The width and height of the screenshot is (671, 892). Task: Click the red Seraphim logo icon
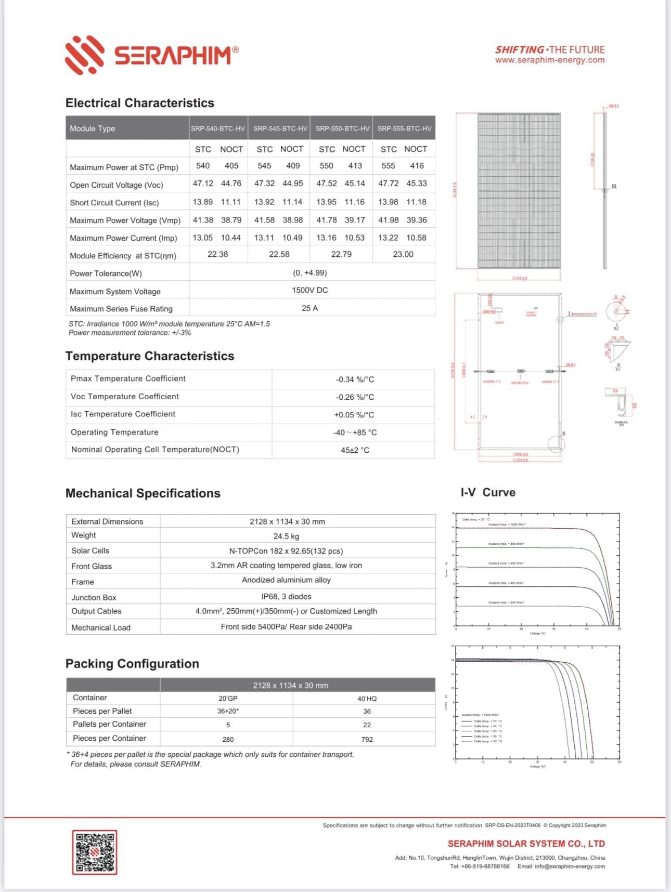[x=84, y=55]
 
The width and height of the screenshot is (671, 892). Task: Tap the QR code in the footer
[x=94, y=852]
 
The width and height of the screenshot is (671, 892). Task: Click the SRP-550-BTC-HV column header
[x=342, y=128]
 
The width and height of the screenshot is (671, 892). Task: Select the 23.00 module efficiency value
[x=403, y=254]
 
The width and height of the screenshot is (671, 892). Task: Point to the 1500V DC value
[x=309, y=290]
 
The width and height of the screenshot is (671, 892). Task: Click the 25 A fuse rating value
[x=309, y=308]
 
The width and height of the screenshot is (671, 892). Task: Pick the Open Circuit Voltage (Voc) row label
[x=117, y=185]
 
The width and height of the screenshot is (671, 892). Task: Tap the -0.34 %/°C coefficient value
[x=355, y=379]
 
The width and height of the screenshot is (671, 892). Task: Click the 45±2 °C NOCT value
[x=355, y=450]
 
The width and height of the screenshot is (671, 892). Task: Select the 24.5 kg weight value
[x=286, y=536]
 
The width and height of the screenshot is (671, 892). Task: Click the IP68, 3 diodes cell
[x=286, y=596]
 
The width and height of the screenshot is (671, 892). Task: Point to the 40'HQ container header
[x=367, y=699]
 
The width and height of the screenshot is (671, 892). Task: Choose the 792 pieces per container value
[x=367, y=739]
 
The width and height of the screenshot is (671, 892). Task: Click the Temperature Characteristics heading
[x=150, y=356]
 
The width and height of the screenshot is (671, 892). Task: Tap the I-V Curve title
[x=488, y=492]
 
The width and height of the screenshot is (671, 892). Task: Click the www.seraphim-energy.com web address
[x=550, y=60]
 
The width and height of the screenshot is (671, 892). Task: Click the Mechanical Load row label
[x=101, y=627]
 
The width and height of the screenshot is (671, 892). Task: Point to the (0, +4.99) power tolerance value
[x=309, y=272]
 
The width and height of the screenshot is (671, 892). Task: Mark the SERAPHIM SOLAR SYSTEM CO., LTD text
[x=526, y=844]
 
